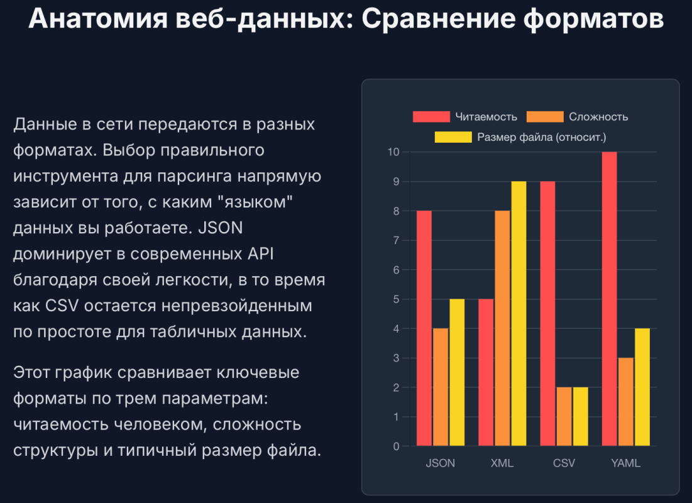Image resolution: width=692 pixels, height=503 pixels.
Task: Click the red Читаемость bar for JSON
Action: click(x=424, y=328)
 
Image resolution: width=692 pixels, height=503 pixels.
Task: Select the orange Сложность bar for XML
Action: click(x=502, y=328)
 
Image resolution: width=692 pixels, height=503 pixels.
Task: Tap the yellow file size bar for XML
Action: click(x=519, y=314)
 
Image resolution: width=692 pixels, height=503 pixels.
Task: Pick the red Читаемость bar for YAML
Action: click(x=609, y=299)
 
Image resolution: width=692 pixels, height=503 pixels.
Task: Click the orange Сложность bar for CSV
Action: click(x=564, y=417)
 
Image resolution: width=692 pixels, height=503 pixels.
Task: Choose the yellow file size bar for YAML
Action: click(x=642, y=387)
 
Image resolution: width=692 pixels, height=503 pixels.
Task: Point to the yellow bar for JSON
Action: click(x=457, y=373)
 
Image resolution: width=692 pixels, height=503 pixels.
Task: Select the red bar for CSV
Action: click(x=547, y=314)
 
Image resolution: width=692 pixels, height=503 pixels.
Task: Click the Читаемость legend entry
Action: click(x=464, y=117)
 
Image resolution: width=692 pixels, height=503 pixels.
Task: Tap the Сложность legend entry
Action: click(x=577, y=117)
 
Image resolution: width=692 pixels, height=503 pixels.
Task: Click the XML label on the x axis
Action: click(x=502, y=464)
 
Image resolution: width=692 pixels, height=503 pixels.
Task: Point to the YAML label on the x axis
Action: click(x=625, y=464)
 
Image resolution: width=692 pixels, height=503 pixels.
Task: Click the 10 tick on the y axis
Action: click(x=393, y=152)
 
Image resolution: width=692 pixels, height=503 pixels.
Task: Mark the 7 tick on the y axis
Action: click(x=396, y=240)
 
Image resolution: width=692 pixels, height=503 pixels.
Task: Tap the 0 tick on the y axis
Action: click(x=396, y=446)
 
